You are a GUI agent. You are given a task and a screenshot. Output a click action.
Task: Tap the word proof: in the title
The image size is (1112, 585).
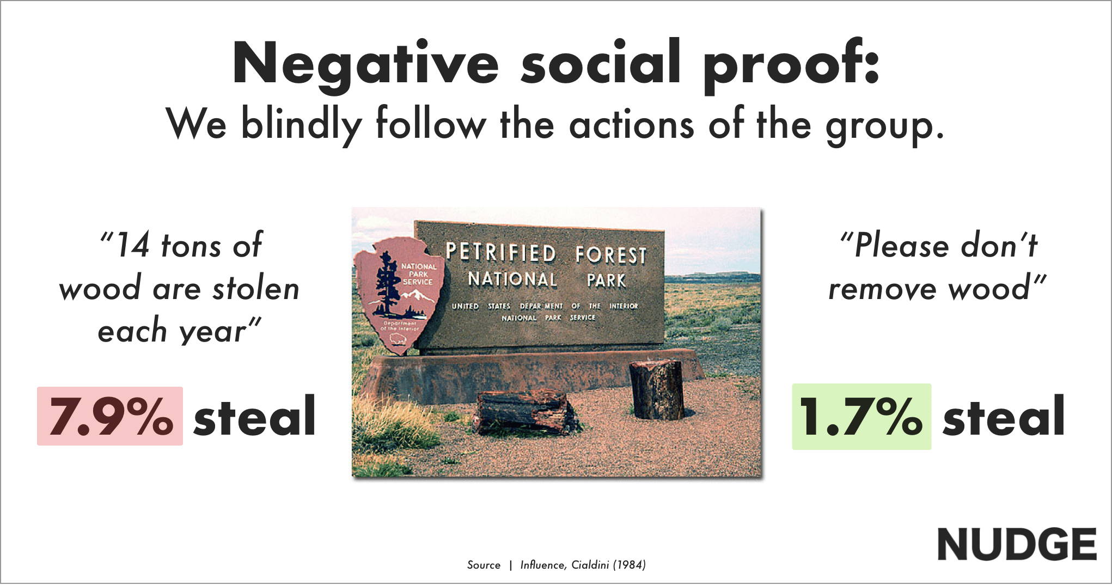(791, 64)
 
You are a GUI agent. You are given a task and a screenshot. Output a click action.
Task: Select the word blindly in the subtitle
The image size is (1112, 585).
(301, 124)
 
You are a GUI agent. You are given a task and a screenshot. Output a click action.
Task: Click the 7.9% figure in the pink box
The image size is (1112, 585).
(111, 417)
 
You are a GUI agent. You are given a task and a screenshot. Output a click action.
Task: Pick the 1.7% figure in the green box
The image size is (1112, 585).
(861, 417)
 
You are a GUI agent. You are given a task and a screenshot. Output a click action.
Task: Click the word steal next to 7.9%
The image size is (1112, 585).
(255, 416)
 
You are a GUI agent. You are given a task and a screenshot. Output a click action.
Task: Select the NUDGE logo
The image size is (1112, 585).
(1017, 544)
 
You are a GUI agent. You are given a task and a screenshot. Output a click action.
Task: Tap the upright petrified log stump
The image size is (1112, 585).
(657, 389)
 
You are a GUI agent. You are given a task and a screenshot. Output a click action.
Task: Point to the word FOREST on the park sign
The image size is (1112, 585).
(611, 255)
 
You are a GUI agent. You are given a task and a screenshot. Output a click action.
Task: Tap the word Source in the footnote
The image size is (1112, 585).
(484, 565)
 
